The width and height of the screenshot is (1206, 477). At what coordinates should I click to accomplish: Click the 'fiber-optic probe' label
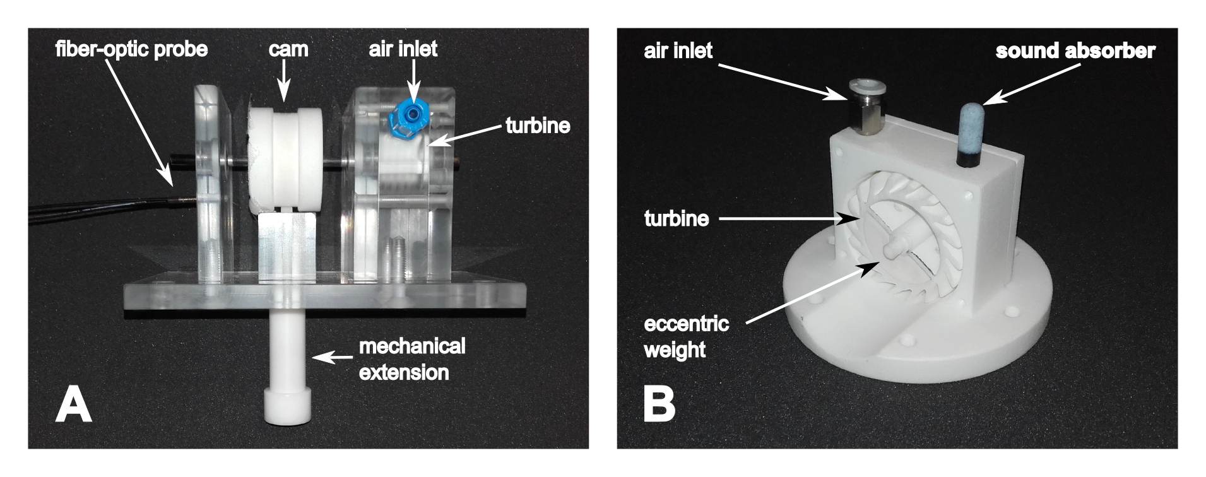tap(131, 49)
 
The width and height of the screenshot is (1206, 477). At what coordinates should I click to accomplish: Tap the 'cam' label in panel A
tap(288, 49)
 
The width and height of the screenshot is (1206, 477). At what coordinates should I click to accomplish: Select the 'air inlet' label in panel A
tap(403, 49)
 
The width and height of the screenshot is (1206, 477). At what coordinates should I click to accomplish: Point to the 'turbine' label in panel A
tap(538, 126)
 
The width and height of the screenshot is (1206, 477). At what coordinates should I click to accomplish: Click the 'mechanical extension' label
tap(411, 359)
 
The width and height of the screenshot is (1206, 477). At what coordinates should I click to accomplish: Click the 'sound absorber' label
tap(1075, 51)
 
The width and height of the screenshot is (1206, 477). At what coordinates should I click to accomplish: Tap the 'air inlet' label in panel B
tap(678, 50)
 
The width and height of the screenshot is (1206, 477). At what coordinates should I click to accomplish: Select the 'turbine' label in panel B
tap(677, 219)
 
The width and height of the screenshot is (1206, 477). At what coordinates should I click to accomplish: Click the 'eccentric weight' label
tap(686, 337)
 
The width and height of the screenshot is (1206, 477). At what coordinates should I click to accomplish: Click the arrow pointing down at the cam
tap(285, 82)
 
